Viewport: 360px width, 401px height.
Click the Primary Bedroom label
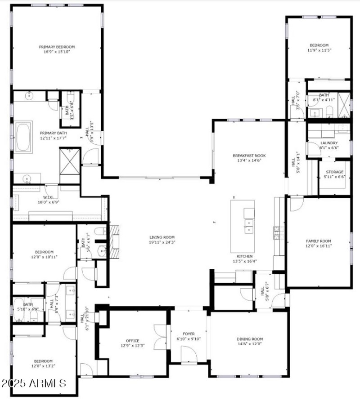(x=57, y=47)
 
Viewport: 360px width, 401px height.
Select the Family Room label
(x=318, y=241)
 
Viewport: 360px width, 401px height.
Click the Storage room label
(x=334, y=172)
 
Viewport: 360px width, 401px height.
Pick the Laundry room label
(x=328, y=143)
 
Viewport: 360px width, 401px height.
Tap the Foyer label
(x=189, y=334)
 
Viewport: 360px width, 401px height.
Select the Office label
(x=132, y=340)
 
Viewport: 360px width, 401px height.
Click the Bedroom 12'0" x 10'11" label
(x=44, y=252)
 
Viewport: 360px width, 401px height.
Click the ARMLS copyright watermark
(x=34, y=383)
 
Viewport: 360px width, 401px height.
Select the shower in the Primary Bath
(x=69, y=160)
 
